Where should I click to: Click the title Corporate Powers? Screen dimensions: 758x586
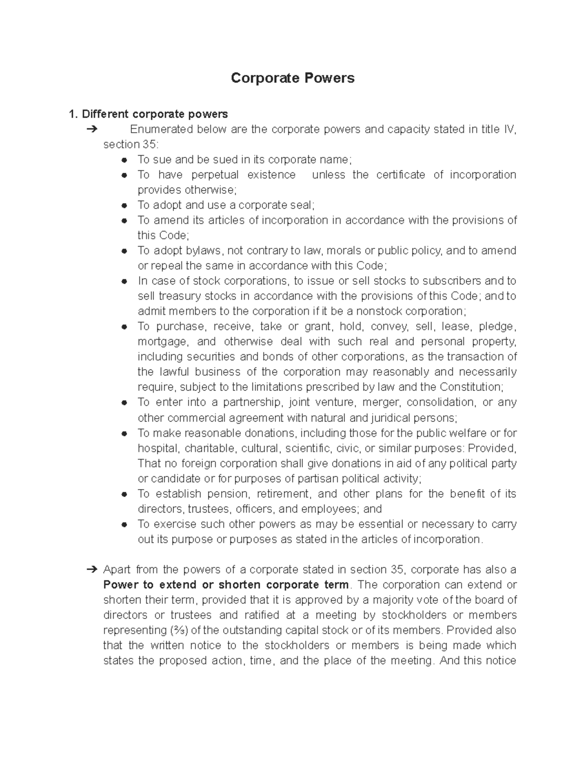click(x=293, y=78)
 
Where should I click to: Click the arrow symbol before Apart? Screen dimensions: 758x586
click(x=91, y=570)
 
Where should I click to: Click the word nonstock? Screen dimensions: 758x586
click(x=380, y=311)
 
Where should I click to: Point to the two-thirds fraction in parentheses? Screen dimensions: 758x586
click(x=179, y=630)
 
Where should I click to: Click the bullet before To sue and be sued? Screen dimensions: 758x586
click(x=125, y=160)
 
